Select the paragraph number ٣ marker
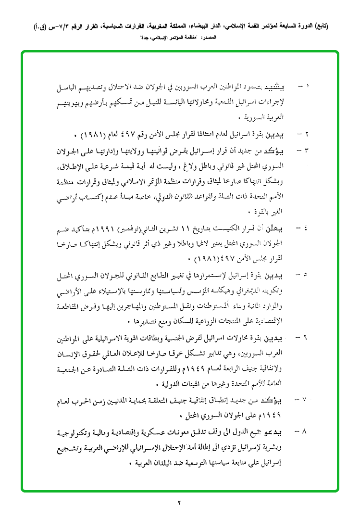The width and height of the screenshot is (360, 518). click(306, 151)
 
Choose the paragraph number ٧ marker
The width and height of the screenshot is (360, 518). click(306, 400)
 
